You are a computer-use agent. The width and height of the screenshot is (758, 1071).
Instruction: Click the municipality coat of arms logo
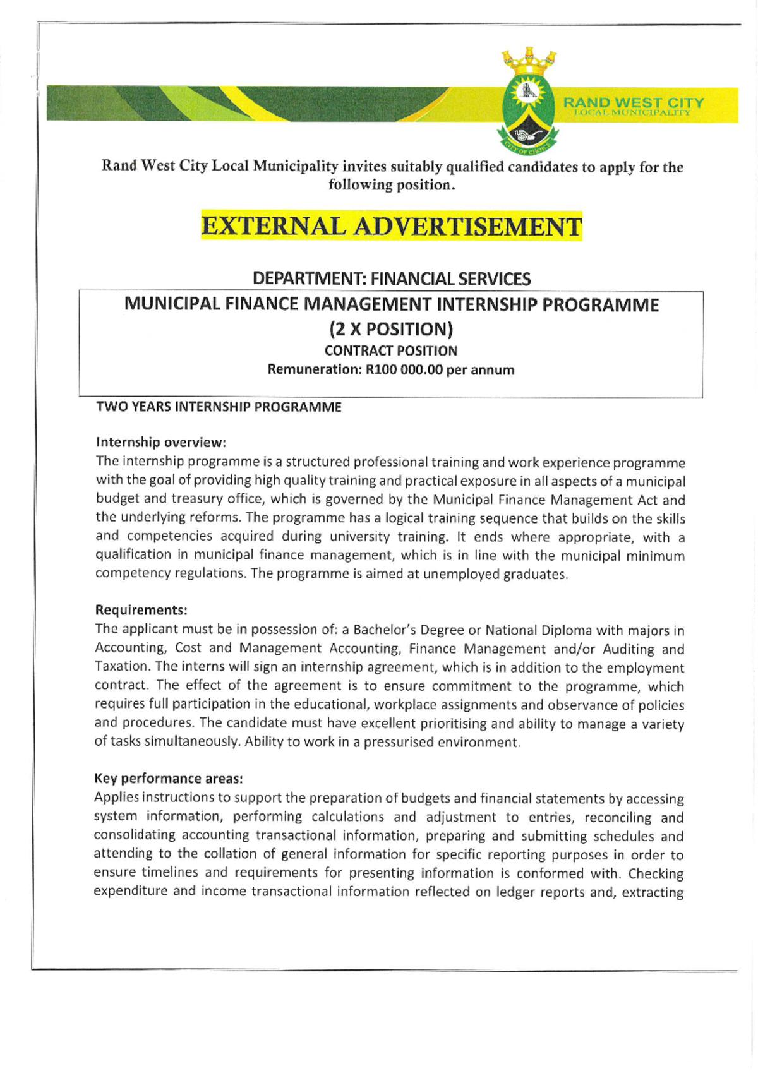pyautogui.click(x=529, y=111)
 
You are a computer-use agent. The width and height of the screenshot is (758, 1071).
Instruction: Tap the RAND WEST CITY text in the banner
pyautogui.click(x=633, y=102)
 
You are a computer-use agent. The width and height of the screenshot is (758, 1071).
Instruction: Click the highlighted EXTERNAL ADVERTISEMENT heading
pyautogui.click(x=391, y=226)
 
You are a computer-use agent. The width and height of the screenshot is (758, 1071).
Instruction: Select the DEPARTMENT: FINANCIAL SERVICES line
pyautogui.click(x=391, y=278)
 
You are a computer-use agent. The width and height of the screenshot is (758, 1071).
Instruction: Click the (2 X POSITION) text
pyautogui.click(x=391, y=329)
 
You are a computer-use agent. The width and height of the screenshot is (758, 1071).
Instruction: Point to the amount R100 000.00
pyautogui.click(x=404, y=370)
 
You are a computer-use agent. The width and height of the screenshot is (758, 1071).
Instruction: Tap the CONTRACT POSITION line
pyautogui.click(x=391, y=350)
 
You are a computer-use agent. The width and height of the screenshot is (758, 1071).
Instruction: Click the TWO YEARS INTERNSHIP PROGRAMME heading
pyautogui.click(x=219, y=407)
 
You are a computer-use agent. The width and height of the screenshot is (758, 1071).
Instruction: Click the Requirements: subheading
pyautogui.click(x=141, y=610)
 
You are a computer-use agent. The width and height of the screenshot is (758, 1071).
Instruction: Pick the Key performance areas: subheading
pyautogui.click(x=168, y=778)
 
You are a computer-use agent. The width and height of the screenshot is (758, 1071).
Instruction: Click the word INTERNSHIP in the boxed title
pyautogui.click(x=486, y=304)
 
